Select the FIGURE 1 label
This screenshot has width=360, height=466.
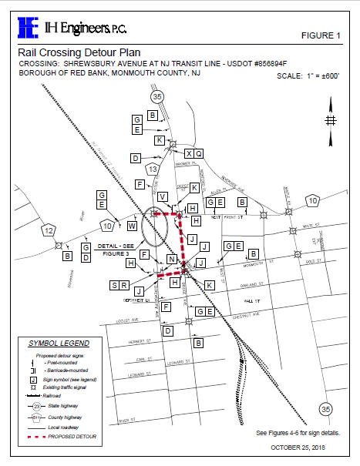point(320,36)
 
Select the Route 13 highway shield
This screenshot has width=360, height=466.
point(153,169)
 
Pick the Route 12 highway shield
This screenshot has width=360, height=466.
point(49,230)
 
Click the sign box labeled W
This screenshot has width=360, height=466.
point(133,226)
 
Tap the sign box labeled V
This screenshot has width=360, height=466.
point(162,197)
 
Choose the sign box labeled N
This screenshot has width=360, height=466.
point(172,260)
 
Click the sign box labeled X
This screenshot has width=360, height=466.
point(189,153)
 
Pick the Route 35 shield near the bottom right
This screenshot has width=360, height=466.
point(325,407)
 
